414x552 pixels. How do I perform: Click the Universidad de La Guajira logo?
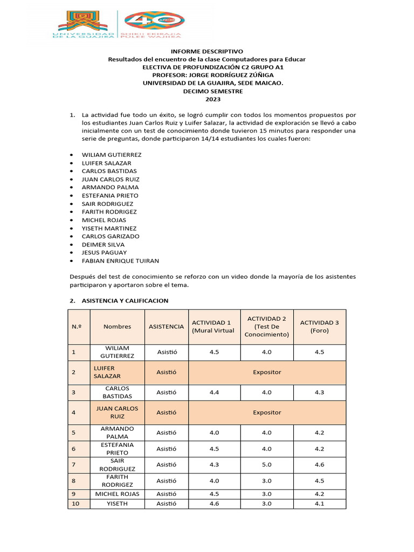85,25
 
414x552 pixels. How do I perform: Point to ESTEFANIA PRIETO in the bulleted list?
110,195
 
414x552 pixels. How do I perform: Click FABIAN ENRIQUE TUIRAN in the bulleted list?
120,261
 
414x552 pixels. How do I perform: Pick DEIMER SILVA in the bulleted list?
103,244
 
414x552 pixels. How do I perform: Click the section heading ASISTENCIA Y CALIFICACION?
125,300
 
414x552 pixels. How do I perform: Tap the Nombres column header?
118,327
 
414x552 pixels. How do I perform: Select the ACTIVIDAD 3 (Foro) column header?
319,327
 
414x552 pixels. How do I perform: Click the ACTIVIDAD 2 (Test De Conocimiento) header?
267,327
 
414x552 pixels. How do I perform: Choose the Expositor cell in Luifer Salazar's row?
267,372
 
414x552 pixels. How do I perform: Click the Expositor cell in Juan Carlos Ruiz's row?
267,412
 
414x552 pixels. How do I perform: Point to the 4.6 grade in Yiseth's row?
214,503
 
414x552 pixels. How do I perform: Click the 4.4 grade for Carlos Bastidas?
214,392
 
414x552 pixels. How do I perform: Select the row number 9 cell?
73,494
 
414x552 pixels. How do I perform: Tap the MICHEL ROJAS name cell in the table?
118,494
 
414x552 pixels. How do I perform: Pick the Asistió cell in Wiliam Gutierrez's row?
167,352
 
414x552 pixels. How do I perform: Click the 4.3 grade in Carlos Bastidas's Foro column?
319,392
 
